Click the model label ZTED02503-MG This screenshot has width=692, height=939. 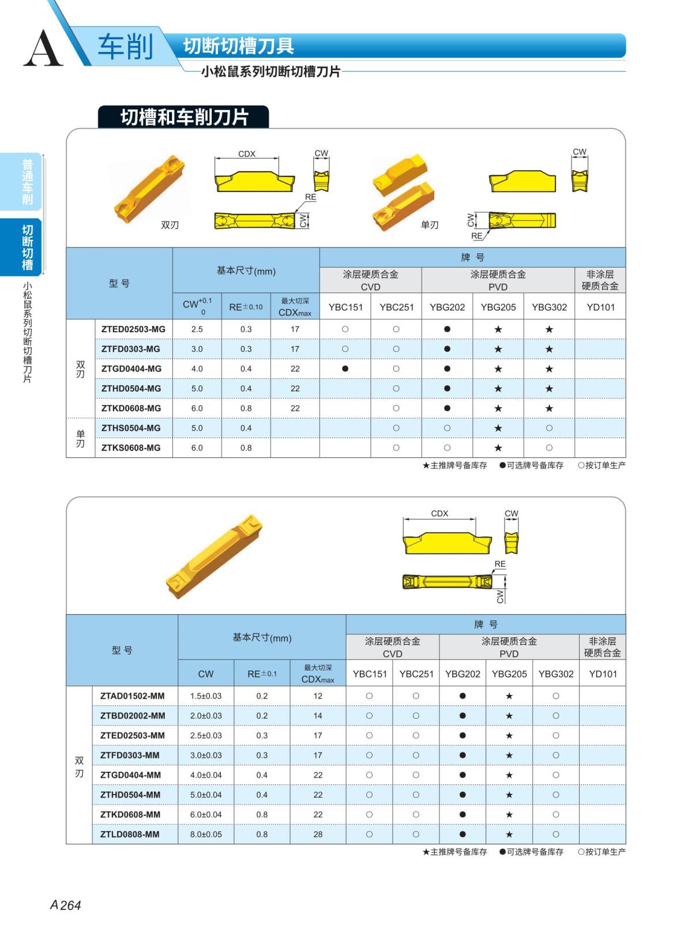(x=133, y=329)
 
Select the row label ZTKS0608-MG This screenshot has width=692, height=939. (x=131, y=448)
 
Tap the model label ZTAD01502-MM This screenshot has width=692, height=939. (x=132, y=696)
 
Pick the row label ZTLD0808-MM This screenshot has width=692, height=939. (x=130, y=835)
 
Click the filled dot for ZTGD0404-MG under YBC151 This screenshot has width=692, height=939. (x=345, y=369)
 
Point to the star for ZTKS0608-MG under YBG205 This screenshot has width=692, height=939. (x=498, y=448)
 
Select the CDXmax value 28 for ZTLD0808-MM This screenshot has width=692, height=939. (x=318, y=835)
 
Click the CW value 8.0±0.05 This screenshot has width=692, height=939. (x=206, y=835)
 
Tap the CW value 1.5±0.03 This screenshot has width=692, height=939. (x=206, y=696)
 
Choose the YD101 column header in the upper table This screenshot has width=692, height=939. (x=600, y=307)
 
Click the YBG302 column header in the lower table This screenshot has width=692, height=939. (x=556, y=674)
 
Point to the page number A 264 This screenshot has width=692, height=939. (x=66, y=905)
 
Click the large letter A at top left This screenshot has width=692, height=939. (x=43, y=48)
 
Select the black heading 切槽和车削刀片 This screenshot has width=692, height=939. (x=184, y=117)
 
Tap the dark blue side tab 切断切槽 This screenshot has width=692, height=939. (x=27, y=247)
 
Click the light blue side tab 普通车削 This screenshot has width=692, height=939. (x=27, y=182)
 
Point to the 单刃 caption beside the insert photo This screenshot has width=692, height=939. (x=430, y=225)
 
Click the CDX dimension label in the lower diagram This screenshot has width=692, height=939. (x=439, y=513)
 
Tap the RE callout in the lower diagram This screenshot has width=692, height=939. (x=499, y=564)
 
